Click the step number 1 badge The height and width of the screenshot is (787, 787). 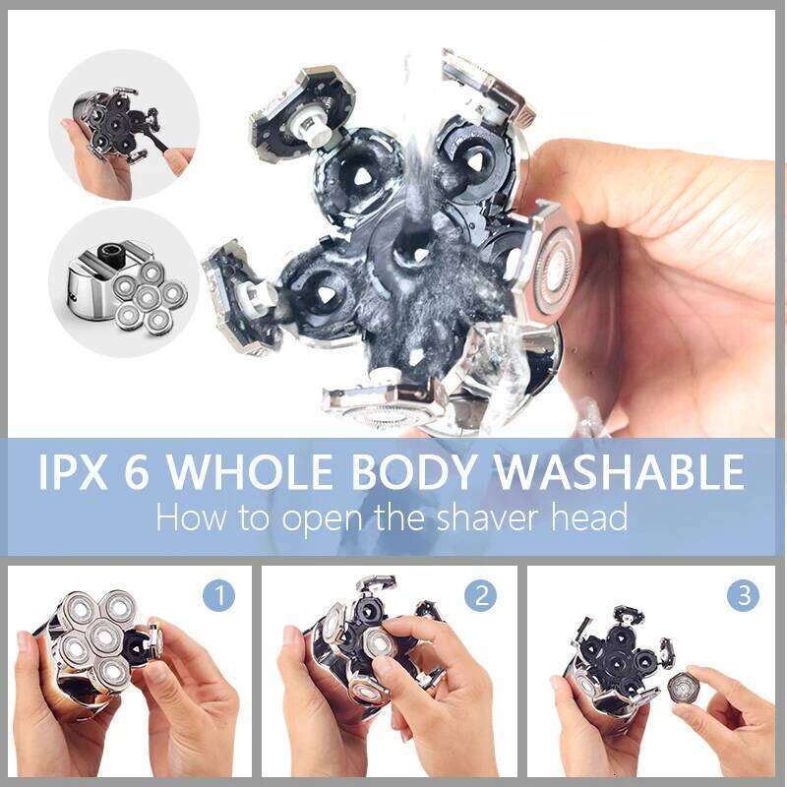[x=219, y=595]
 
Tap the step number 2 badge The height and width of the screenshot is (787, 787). [x=481, y=595]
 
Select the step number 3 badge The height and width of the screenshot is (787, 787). [x=743, y=595]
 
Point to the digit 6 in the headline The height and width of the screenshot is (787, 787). [x=145, y=473]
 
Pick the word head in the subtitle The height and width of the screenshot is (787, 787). [x=584, y=517]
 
